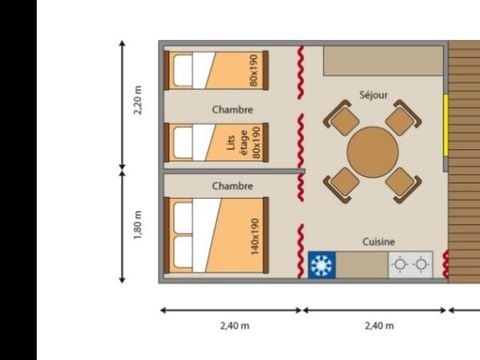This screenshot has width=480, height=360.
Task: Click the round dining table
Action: (x=372, y=152)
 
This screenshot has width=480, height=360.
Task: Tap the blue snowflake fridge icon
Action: (x=321, y=265)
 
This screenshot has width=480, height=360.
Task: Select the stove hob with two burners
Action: (x=410, y=265)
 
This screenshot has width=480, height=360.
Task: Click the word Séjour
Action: (x=373, y=96)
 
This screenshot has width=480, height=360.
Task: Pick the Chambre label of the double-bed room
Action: (x=232, y=186)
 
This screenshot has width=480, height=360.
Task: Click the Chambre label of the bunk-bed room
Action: (x=232, y=110)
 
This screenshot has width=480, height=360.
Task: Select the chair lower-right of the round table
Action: (x=402, y=182)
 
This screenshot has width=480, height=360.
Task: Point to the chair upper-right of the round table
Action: (x=402, y=121)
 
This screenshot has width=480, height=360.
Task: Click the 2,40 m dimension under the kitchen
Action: (x=378, y=326)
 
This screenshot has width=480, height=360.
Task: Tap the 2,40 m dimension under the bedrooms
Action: (x=232, y=326)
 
